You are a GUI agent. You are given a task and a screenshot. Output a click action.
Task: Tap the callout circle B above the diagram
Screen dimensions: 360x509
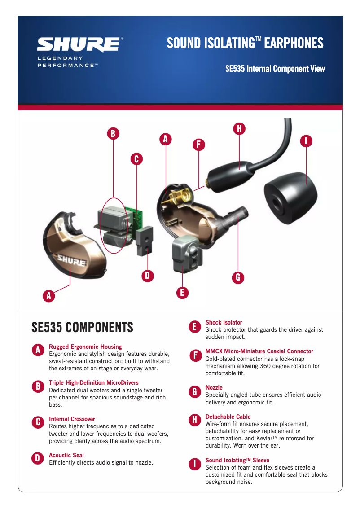click(113, 133)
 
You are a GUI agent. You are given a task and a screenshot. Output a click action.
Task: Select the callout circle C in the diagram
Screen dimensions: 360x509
click(136, 159)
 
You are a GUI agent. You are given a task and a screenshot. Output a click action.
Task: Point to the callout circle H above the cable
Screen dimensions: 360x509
click(239, 129)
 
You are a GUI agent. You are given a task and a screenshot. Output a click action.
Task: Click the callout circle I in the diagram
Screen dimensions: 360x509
click(306, 141)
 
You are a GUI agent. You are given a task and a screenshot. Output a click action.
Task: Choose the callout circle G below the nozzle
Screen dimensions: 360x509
click(238, 277)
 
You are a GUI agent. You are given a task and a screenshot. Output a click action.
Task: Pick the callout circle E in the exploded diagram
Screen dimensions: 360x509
click(182, 293)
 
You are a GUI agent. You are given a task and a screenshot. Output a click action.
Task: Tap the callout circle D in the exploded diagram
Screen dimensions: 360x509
click(148, 276)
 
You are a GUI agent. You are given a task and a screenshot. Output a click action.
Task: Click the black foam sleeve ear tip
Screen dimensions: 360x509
click(290, 197)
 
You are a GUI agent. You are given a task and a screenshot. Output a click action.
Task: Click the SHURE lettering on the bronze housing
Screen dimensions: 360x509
click(72, 261)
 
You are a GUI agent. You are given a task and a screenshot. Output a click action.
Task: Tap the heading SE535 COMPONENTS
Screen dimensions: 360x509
click(83, 327)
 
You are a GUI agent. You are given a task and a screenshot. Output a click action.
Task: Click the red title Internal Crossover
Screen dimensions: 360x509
click(72, 419)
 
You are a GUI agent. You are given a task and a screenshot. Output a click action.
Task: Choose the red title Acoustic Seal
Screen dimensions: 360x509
click(66, 456)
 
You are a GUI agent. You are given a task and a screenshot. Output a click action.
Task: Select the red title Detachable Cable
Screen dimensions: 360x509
click(228, 417)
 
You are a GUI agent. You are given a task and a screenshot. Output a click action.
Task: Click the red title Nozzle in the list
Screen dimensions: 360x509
click(214, 388)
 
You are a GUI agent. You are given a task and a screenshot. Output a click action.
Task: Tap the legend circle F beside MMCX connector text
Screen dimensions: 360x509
click(195, 356)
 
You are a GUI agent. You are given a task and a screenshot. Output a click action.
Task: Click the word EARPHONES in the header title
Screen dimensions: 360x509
click(294, 43)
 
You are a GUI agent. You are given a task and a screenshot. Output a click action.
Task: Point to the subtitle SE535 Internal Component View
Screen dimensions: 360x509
click(275, 69)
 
